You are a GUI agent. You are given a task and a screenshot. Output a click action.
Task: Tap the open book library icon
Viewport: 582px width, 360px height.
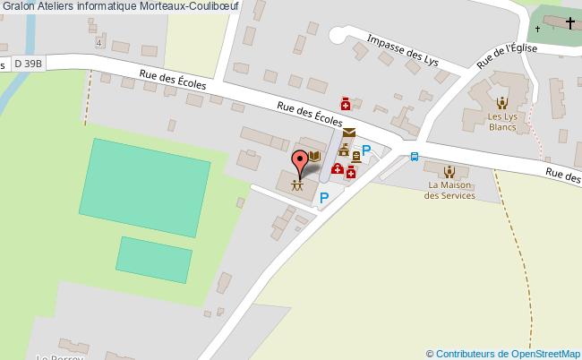(314, 157)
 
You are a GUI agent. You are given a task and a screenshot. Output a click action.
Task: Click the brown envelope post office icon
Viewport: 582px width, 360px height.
(347, 133)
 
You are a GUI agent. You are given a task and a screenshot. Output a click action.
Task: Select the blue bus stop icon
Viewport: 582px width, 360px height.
(414, 156)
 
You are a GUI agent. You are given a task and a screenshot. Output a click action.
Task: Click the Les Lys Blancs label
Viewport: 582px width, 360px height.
(501, 122)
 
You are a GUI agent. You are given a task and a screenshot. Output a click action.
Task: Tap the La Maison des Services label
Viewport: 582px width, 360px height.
(450, 191)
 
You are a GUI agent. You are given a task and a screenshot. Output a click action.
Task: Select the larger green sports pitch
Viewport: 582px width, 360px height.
(145, 178)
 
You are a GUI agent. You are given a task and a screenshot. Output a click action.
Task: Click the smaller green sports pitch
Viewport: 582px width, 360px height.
(155, 259)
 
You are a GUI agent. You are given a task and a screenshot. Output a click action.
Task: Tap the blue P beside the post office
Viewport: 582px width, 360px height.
(366, 151)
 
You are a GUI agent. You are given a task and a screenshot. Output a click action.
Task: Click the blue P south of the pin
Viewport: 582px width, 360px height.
(324, 198)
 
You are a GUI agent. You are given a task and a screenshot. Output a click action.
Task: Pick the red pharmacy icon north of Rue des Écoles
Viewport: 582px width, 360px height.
(344, 104)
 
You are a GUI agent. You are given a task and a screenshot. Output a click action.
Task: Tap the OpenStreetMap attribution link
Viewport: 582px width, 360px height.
(508, 353)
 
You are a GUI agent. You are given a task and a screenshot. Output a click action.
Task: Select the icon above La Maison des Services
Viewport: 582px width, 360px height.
(449, 169)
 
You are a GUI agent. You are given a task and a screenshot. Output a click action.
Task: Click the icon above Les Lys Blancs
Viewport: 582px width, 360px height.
(501, 101)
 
